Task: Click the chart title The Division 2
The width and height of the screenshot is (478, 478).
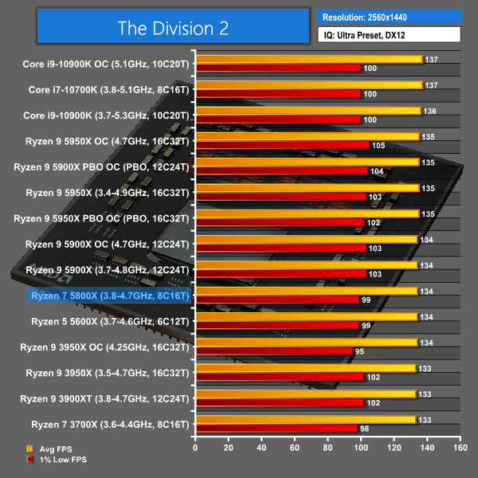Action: (172, 29)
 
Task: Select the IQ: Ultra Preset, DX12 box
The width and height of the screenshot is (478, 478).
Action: (389, 34)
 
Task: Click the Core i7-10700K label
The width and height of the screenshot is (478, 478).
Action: (108, 90)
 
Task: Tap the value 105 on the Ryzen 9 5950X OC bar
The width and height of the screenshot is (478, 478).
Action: (378, 145)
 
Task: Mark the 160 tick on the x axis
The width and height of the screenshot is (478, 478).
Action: (459, 449)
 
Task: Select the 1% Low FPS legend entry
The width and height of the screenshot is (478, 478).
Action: (56, 460)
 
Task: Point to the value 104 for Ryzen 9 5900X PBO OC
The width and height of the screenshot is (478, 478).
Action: (377, 171)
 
